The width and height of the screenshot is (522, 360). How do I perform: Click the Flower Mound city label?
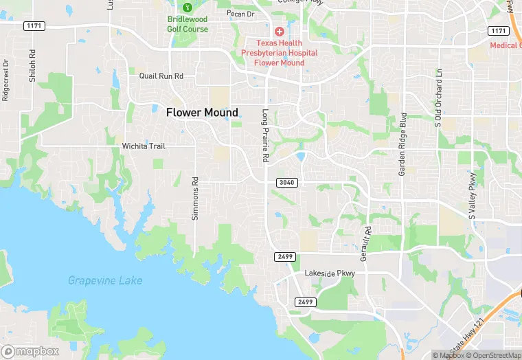click(202, 113)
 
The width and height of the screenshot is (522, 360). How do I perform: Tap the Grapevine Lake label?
click(105, 280)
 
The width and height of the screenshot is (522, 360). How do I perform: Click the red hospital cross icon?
click(279, 32)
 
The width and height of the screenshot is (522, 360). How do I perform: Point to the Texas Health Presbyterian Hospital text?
click(279, 52)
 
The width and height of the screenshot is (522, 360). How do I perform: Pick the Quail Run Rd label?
click(161, 77)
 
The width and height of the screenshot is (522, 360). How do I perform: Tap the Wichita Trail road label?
click(144, 146)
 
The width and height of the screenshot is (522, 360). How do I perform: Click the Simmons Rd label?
click(195, 199)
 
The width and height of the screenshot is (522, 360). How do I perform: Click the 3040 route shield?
click(287, 182)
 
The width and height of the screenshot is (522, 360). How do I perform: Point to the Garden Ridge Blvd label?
click(403, 144)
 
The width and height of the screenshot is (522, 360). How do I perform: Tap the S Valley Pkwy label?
click(473, 196)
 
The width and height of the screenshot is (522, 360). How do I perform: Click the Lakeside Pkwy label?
click(330, 274)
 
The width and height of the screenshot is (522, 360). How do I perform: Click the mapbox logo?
click(30, 351)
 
